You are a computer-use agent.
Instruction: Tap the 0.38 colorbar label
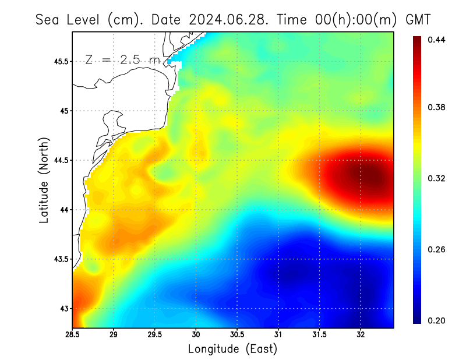click(x=437, y=107)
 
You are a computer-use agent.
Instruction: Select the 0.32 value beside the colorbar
click(x=437, y=178)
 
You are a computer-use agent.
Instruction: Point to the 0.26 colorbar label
click(x=437, y=249)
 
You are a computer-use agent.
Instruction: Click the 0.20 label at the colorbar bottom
click(x=437, y=320)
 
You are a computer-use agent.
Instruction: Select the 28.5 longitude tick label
click(x=73, y=334)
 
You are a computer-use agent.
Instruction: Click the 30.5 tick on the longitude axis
click(x=237, y=334)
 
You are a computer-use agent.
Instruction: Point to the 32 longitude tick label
click(x=361, y=334)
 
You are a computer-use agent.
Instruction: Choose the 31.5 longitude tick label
click(x=319, y=334)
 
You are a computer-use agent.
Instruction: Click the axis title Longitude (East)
click(x=232, y=349)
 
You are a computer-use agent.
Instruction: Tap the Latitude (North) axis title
click(x=44, y=180)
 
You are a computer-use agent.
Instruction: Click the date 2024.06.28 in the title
click(x=227, y=19)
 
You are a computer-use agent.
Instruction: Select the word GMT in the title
click(x=418, y=19)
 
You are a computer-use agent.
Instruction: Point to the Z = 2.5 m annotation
click(x=122, y=60)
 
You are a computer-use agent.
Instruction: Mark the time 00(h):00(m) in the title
click(x=344, y=19)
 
